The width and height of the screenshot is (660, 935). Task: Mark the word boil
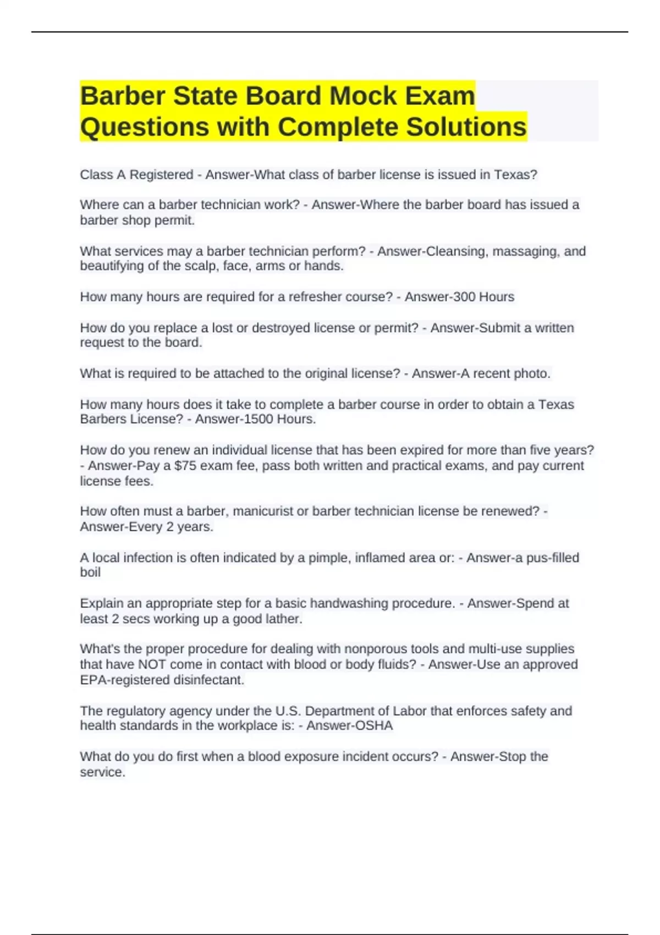click(90, 573)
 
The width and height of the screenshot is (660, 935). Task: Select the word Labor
click(410, 711)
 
